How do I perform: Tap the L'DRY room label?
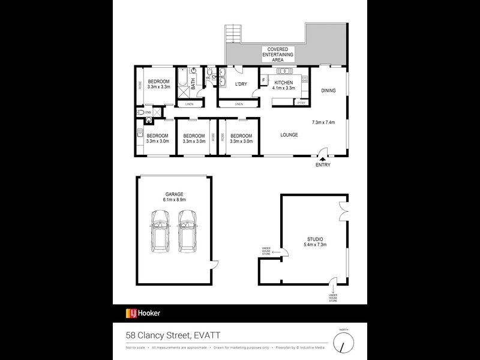coord(241,84)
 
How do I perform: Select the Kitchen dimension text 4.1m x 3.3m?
coord(284,88)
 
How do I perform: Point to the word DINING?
coord(328,91)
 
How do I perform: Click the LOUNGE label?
coord(289,135)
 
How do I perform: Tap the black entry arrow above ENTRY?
coord(322,158)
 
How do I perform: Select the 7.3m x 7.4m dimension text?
coord(323,122)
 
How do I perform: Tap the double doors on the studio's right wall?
coord(343,212)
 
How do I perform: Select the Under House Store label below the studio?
coord(333,297)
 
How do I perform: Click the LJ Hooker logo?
coord(143,313)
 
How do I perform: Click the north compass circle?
coord(343,343)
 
